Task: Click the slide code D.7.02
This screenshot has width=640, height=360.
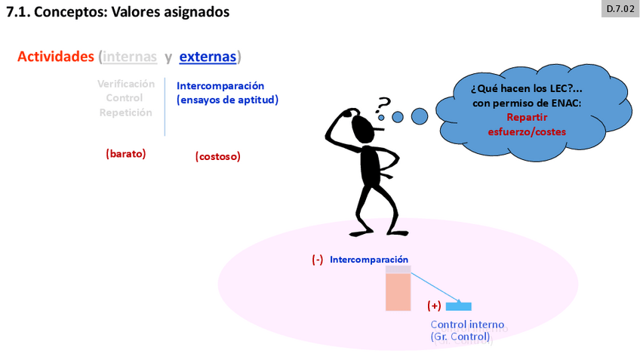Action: coord(620,9)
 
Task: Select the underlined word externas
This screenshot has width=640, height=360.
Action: coord(208,57)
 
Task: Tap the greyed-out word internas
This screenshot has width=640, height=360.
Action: coord(130,57)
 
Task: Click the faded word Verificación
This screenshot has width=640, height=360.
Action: coord(126,84)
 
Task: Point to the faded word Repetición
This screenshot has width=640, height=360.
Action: coord(126,112)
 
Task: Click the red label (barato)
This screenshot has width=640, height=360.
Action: coord(125,154)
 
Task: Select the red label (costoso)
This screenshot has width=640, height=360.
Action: coord(217,157)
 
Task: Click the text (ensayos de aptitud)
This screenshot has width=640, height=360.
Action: coord(227,100)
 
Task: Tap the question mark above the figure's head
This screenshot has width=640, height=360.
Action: coord(384,103)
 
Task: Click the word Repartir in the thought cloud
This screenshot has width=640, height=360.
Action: coord(526,117)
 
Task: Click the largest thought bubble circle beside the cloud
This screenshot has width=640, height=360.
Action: coord(419,115)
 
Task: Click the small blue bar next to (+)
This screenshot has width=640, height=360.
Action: coord(458,306)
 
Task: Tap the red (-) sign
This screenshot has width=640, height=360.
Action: coord(317,259)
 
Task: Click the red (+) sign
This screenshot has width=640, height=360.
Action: coord(434,306)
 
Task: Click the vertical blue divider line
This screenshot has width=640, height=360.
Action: coord(165,106)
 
